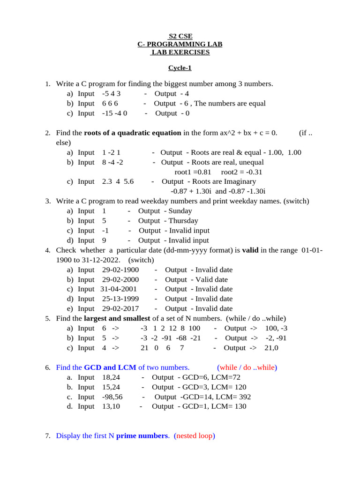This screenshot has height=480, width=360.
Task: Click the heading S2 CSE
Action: coord(180,36)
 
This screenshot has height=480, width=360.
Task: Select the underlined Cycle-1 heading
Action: coord(180,68)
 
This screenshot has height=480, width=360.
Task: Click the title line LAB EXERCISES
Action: coord(180,52)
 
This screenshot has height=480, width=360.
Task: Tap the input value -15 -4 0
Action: coord(114,113)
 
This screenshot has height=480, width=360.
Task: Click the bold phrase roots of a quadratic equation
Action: coord(133,133)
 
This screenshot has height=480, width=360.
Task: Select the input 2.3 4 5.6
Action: coord(118,181)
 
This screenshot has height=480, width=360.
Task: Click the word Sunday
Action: coord(180,211)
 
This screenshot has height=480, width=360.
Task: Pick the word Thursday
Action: coord(183,221)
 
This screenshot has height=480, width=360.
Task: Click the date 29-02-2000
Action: coord(120,279)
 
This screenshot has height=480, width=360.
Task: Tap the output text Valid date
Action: coord(211,279)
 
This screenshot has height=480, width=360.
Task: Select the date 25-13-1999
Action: coord(120,299)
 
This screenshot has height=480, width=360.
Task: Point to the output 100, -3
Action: coord(276,328)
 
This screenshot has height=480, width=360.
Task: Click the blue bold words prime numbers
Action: coord(142,436)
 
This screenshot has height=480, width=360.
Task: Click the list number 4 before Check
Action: coord(47,250)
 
